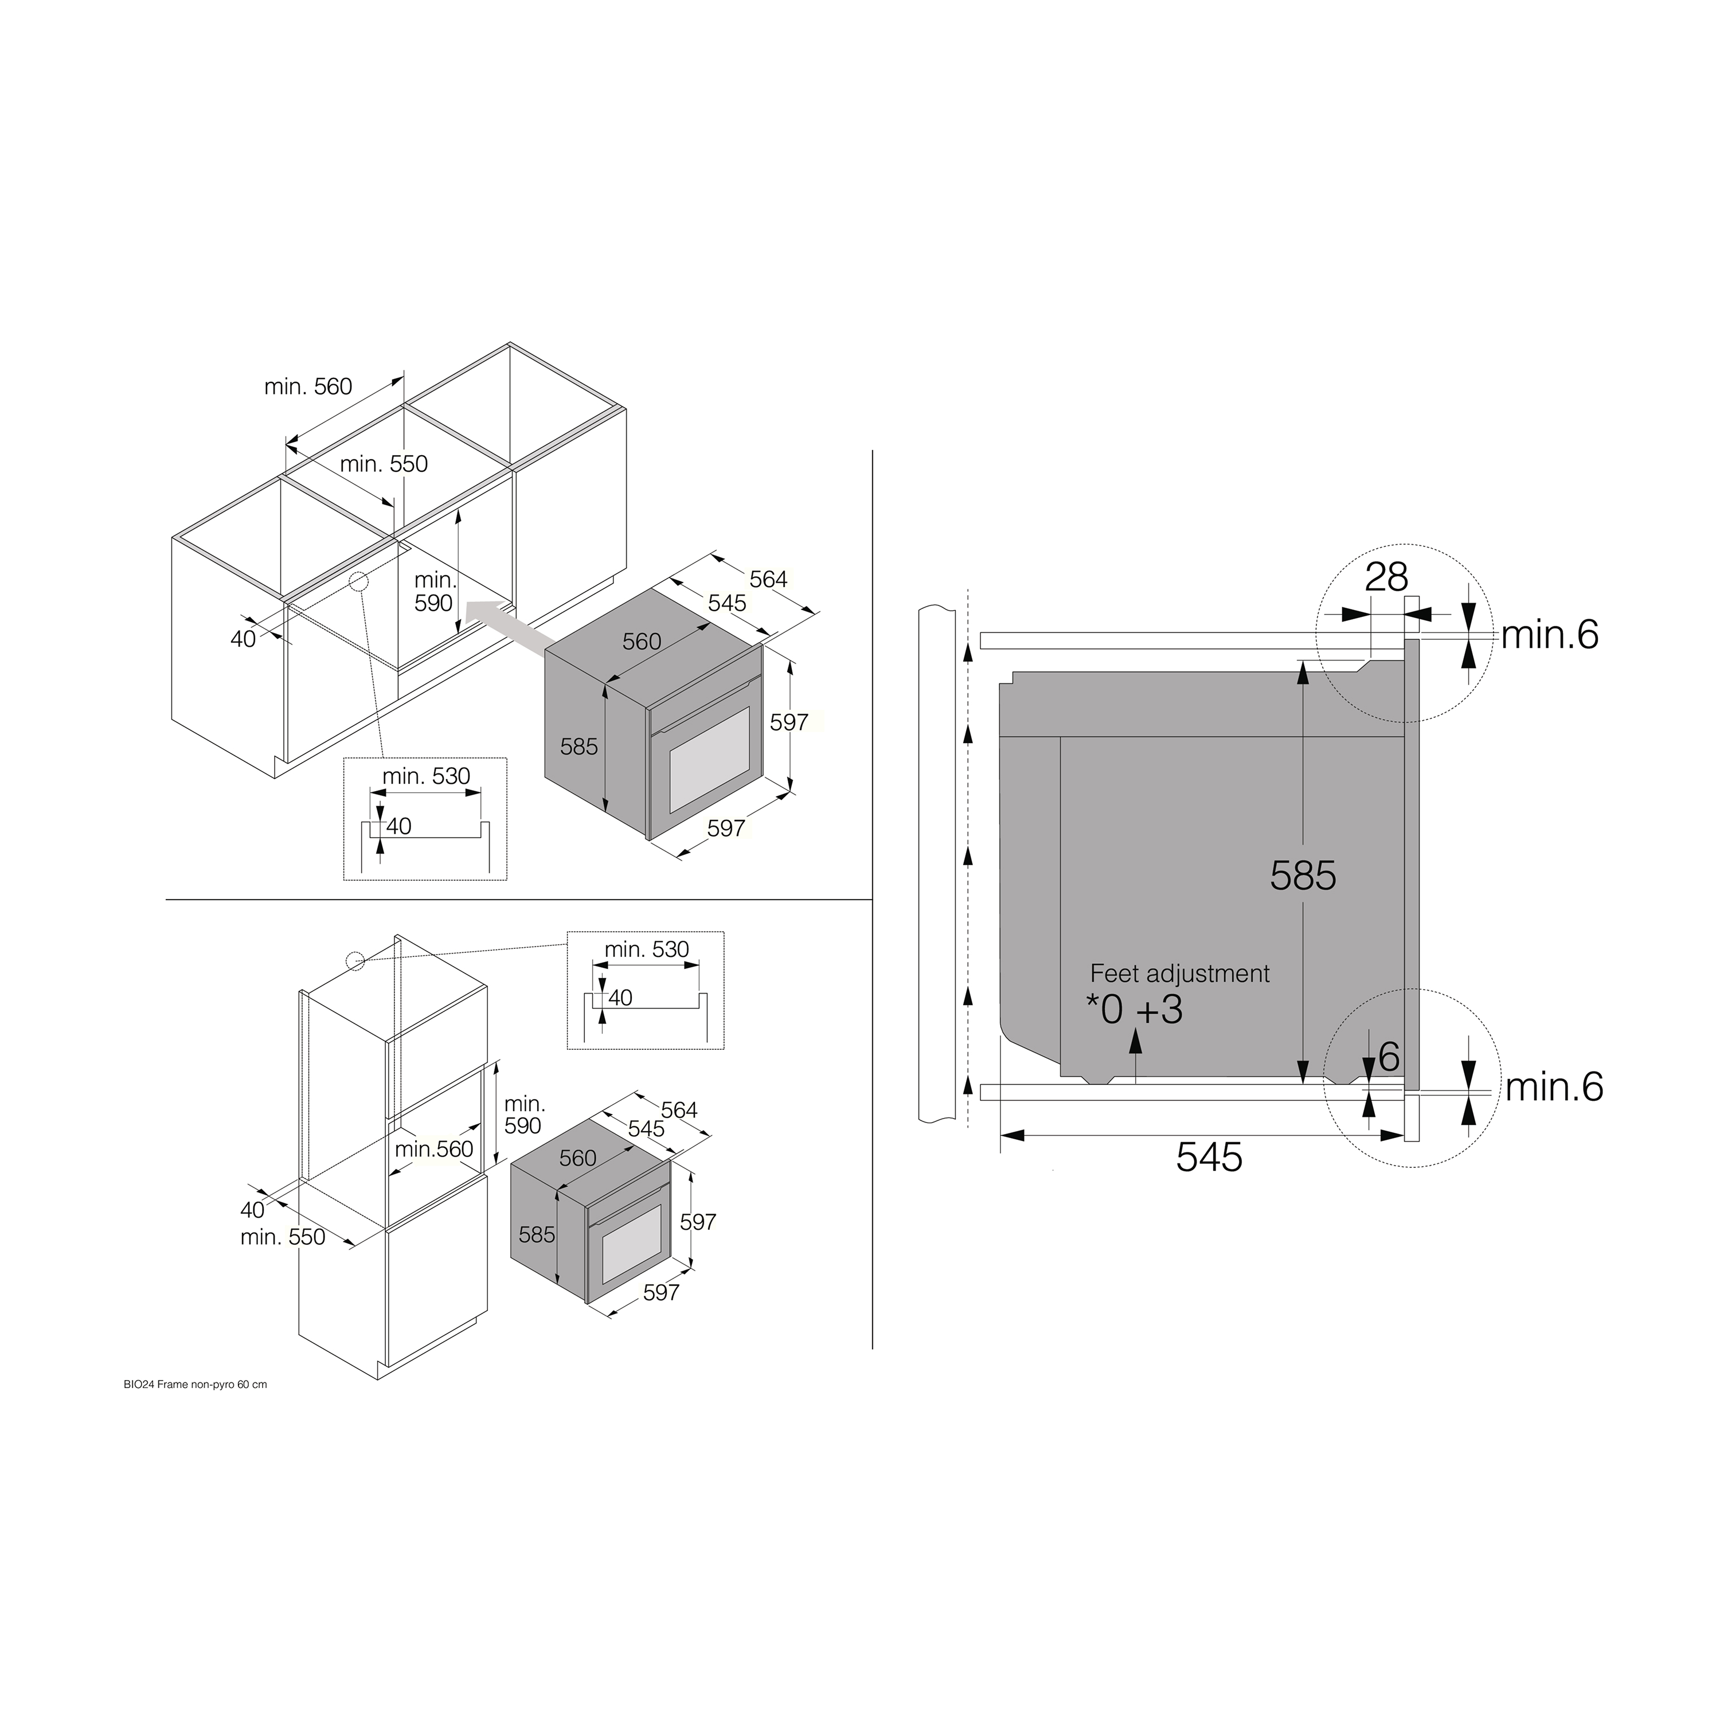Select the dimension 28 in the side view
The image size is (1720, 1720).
coord(1386,578)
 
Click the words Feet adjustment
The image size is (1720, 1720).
coord(1179,974)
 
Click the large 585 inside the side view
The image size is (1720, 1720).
coord(1303,876)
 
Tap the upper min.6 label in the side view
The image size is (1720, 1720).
coord(1550,636)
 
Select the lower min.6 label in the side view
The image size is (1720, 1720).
coord(1554,1087)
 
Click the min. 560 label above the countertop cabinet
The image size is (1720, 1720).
coord(308,386)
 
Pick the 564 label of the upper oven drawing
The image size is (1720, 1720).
coord(768,580)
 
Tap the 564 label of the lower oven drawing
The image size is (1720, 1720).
coord(679,1110)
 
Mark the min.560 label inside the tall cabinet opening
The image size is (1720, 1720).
coord(433,1150)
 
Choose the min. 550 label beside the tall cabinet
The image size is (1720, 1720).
coord(283,1237)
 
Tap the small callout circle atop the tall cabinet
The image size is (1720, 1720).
coord(355,960)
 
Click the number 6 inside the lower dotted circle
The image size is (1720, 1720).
coord(1389,1058)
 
